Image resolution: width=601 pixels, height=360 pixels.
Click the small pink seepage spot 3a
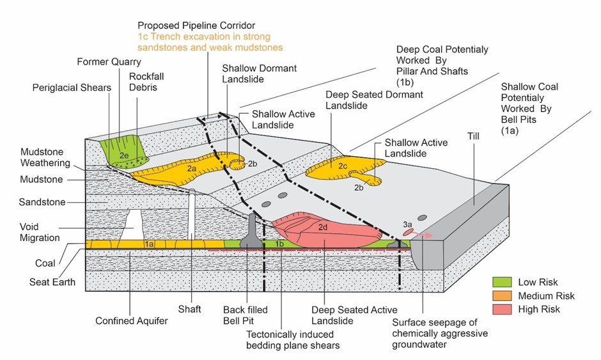click(x=409, y=232)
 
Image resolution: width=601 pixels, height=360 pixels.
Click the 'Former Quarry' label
click(x=107, y=62)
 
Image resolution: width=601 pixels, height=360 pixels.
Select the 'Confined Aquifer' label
click(x=132, y=320)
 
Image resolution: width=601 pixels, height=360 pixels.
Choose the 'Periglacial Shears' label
click(x=72, y=87)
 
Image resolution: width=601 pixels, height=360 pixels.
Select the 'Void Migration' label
click(x=40, y=231)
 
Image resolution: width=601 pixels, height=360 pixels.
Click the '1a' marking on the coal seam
click(x=149, y=244)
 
